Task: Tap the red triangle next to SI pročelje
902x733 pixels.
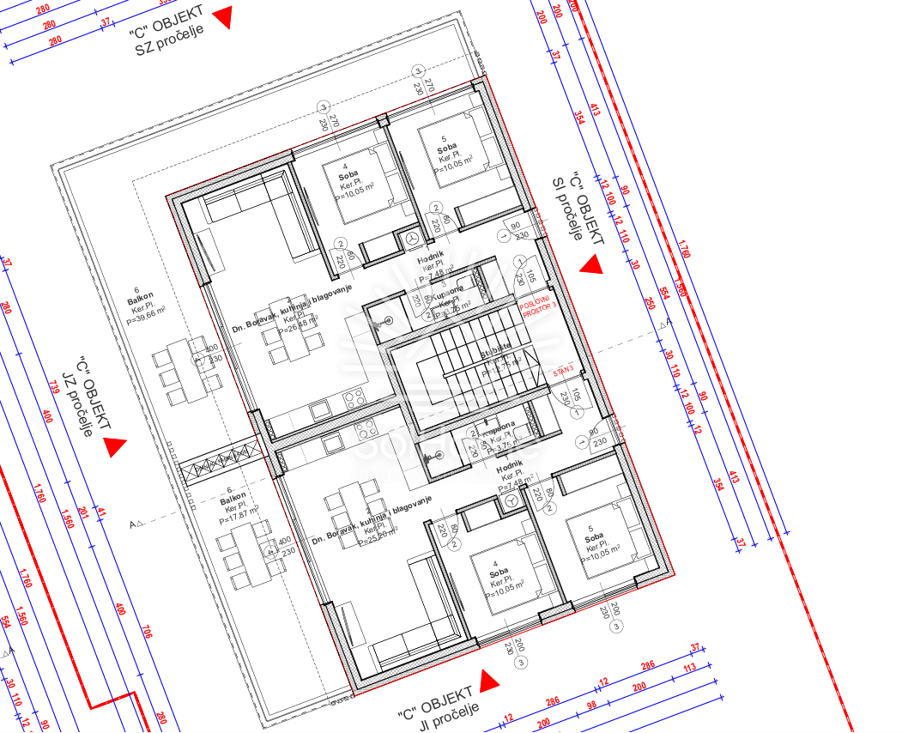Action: (590, 266)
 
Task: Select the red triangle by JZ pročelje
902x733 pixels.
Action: (114, 446)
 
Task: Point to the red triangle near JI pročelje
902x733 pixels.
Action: (488, 682)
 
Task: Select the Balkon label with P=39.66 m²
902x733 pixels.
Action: (140, 301)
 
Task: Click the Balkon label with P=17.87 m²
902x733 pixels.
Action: (233, 498)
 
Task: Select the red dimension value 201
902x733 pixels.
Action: (82, 512)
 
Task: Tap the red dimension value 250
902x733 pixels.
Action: (650, 303)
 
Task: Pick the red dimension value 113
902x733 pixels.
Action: (688, 666)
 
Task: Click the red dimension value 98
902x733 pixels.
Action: (591, 705)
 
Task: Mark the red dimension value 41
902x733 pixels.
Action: (100, 513)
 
